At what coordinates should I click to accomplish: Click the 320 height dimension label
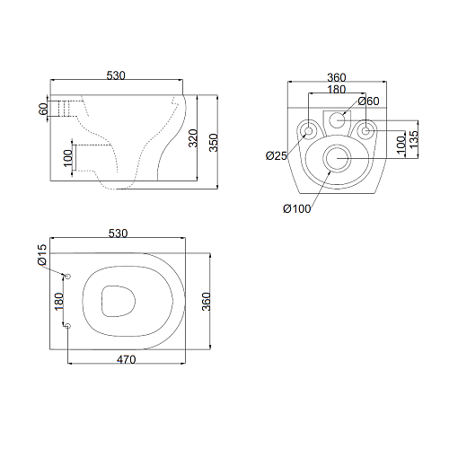tap(194, 138)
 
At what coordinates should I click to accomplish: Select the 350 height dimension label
tap(214, 143)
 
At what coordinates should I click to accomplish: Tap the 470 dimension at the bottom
tap(127, 359)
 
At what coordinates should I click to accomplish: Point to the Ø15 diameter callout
tap(42, 255)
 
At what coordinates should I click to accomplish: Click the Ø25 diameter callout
tap(277, 155)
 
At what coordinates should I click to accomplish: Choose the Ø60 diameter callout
tap(368, 101)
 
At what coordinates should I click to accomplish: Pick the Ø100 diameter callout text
tap(297, 208)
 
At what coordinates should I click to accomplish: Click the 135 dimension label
tap(413, 139)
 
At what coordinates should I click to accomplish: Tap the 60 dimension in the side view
tap(43, 109)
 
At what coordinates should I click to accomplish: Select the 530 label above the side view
tap(116, 75)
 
